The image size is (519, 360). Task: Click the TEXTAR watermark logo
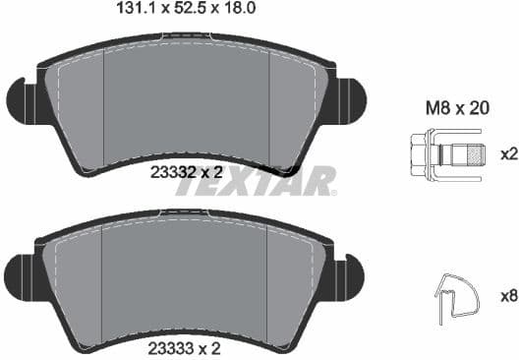pyautogui.click(x=257, y=181)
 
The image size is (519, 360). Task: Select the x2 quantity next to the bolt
pyautogui.click(x=508, y=155)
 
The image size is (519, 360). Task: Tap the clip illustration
pyautogui.click(x=455, y=292)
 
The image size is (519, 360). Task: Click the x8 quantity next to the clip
pyautogui.click(x=508, y=292)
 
